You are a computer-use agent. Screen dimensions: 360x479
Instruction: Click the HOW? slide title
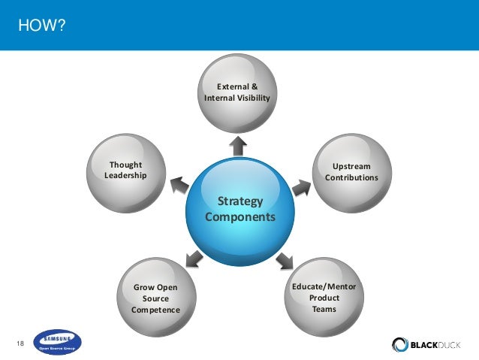(x=42, y=27)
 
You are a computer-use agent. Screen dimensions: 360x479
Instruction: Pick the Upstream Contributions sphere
(x=351, y=171)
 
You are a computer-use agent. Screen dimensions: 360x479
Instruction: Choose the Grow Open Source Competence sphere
(x=155, y=297)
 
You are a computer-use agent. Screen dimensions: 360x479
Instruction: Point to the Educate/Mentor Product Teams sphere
(x=324, y=296)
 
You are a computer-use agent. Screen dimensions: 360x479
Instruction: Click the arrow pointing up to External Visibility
(x=239, y=146)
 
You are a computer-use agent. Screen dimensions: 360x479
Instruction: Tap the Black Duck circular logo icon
(x=400, y=344)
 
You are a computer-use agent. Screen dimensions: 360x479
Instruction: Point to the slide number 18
(x=21, y=343)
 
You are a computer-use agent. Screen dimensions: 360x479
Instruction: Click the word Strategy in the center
(x=239, y=201)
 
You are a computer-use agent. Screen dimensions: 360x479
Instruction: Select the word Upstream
(x=351, y=165)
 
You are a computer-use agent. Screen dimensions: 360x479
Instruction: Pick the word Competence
(x=155, y=310)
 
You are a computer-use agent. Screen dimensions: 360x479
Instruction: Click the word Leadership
(x=125, y=176)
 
